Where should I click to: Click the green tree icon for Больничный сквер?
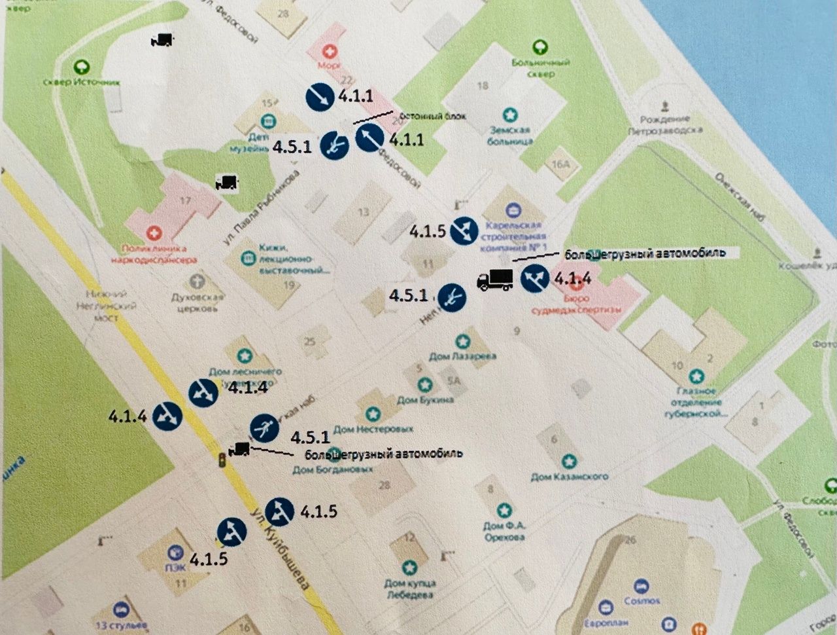coord(539,47)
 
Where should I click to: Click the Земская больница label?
coord(509,135)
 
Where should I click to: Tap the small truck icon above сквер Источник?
coord(161,40)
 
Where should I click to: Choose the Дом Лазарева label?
coord(462,356)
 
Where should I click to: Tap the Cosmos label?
coord(641,600)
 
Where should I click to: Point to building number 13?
coord(363,212)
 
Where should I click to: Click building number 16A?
coord(560,164)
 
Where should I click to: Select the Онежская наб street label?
coord(739,196)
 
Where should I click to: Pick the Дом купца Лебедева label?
coord(409,589)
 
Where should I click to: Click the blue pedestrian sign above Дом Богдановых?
coord(265,428)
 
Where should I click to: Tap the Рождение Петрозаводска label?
coord(666,124)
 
